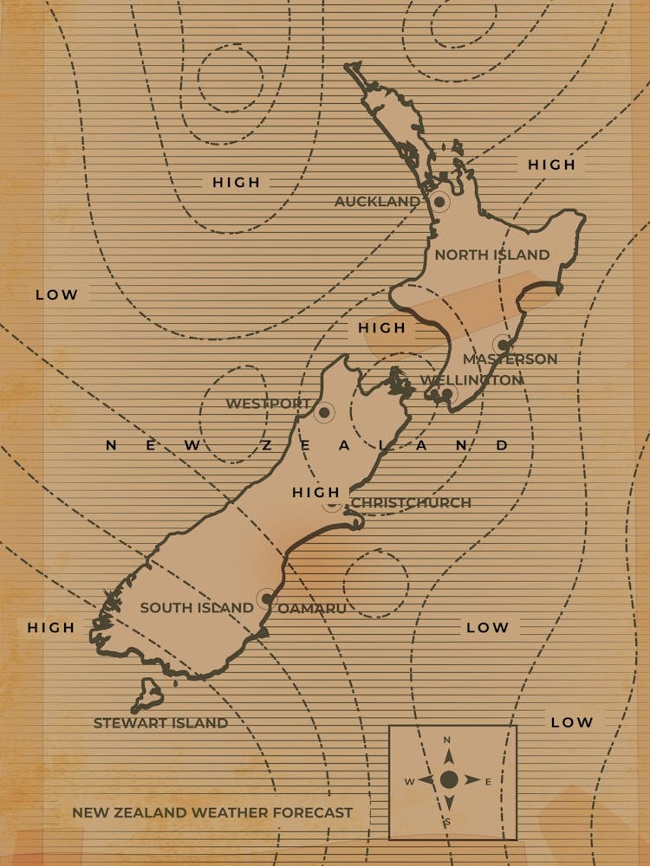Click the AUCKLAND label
click(x=377, y=202)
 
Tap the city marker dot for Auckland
click(x=439, y=203)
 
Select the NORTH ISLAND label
click(x=491, y=255)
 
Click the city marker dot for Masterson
click(x=504, y=344)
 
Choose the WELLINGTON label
click(x=471, y=380)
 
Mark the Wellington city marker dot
click(x=446, y=395)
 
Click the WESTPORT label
click(x=267, y=404)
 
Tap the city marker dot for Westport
click(x=324, y=413)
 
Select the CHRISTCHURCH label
click(x=411, y=503)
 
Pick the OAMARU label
click(x=311, y=609)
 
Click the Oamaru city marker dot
click(x=266, y=598)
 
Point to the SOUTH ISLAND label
click(x=197, y=608)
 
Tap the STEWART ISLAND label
click(x=160, y=723)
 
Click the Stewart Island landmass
click(x=149, y=695)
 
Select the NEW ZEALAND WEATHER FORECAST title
click(x=212, y=813)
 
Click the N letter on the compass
click(x=447, y=740)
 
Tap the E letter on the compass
click(x=488, y=782)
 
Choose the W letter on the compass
click(x=409, y=782)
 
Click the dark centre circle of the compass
click(x=448, y=780)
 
